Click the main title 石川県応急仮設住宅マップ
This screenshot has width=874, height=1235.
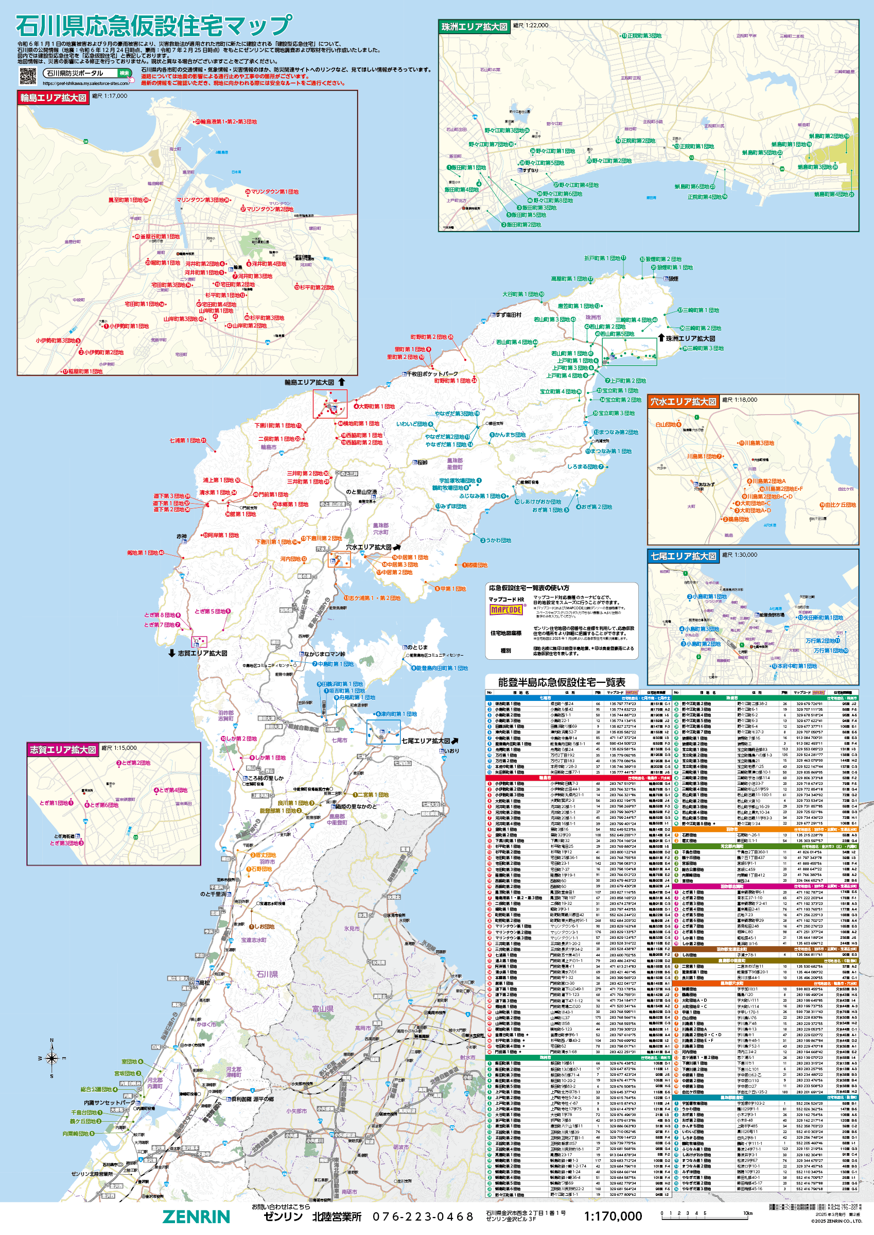point(154,25)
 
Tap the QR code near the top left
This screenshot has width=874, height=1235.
point(28,76)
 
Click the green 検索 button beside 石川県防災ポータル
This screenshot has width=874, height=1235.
point(125,73)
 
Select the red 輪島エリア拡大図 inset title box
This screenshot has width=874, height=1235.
point(54,97)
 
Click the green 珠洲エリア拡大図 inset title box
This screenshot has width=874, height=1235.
point(474,27)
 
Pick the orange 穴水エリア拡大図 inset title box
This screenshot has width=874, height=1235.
point(683,402)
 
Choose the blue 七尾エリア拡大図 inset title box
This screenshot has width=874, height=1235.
point(683,556)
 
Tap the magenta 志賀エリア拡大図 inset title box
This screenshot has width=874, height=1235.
point(62,749)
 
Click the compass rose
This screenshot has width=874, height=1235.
point(51,1058)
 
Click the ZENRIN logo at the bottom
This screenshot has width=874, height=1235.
point(197,1216)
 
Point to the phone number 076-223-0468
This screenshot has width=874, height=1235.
point(423,1216)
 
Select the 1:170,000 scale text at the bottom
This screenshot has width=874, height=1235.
point(613,1216)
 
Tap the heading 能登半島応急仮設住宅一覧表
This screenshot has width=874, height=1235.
point(562,682)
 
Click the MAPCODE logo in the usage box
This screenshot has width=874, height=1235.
point(506,609)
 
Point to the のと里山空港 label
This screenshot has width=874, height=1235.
point(361,492)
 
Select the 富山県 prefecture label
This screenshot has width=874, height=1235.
point(323,1009)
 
